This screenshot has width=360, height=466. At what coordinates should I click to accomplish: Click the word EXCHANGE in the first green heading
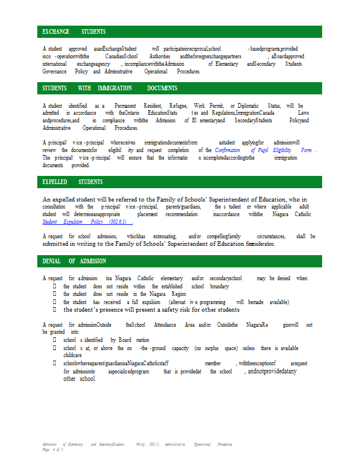click(55, 31)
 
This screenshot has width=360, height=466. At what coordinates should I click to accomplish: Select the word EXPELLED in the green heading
click(55, 182)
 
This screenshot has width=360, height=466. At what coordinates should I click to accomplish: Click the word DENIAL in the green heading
click(52, 261)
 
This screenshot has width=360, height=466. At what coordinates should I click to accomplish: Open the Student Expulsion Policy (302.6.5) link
click(87, 222)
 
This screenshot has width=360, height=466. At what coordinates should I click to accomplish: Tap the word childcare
click(73, 354)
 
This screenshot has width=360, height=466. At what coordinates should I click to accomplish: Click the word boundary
click(219, 287)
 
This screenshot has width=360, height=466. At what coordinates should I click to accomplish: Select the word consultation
click(54, 207)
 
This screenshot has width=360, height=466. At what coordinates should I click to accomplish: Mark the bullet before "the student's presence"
click(55, 310)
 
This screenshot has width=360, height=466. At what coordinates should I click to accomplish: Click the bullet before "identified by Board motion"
click(55, 340)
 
